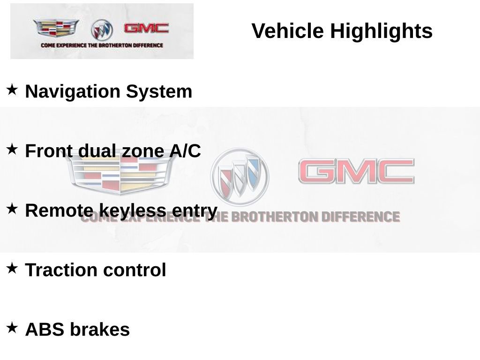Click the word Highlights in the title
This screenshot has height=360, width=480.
pyautogui.click(x=381, y=31)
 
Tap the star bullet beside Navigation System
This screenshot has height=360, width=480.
pyautogui.click(x=12, y=89)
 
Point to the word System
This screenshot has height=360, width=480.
pyautogui.click(x=159, y=91)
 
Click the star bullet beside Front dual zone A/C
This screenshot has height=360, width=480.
pyautogui.click(x=12, y=149)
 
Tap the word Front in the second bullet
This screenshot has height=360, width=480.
pyautogui.click(x=49, y=151)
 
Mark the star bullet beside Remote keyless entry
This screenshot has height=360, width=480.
pyautogui.click(x=12, y=209)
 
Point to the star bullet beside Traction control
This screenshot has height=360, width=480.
pyautogui.click(x=12, y=268)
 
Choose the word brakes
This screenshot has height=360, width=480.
pyautogui.click(x=100, y=330)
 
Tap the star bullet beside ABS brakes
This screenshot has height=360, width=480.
pyautogui.click(x=12, y=328)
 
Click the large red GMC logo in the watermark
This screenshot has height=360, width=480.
pyautogui.click(x=356, y=172)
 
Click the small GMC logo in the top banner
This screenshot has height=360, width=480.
pyautogui.click(x=146, y=28)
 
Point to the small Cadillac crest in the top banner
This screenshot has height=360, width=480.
pyautogui.click(x=55, y=28)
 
